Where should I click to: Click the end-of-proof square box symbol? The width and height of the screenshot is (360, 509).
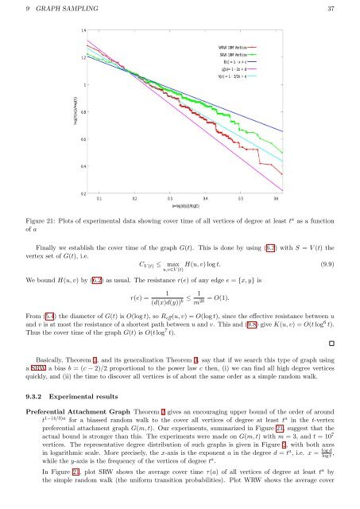point(340,344)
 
